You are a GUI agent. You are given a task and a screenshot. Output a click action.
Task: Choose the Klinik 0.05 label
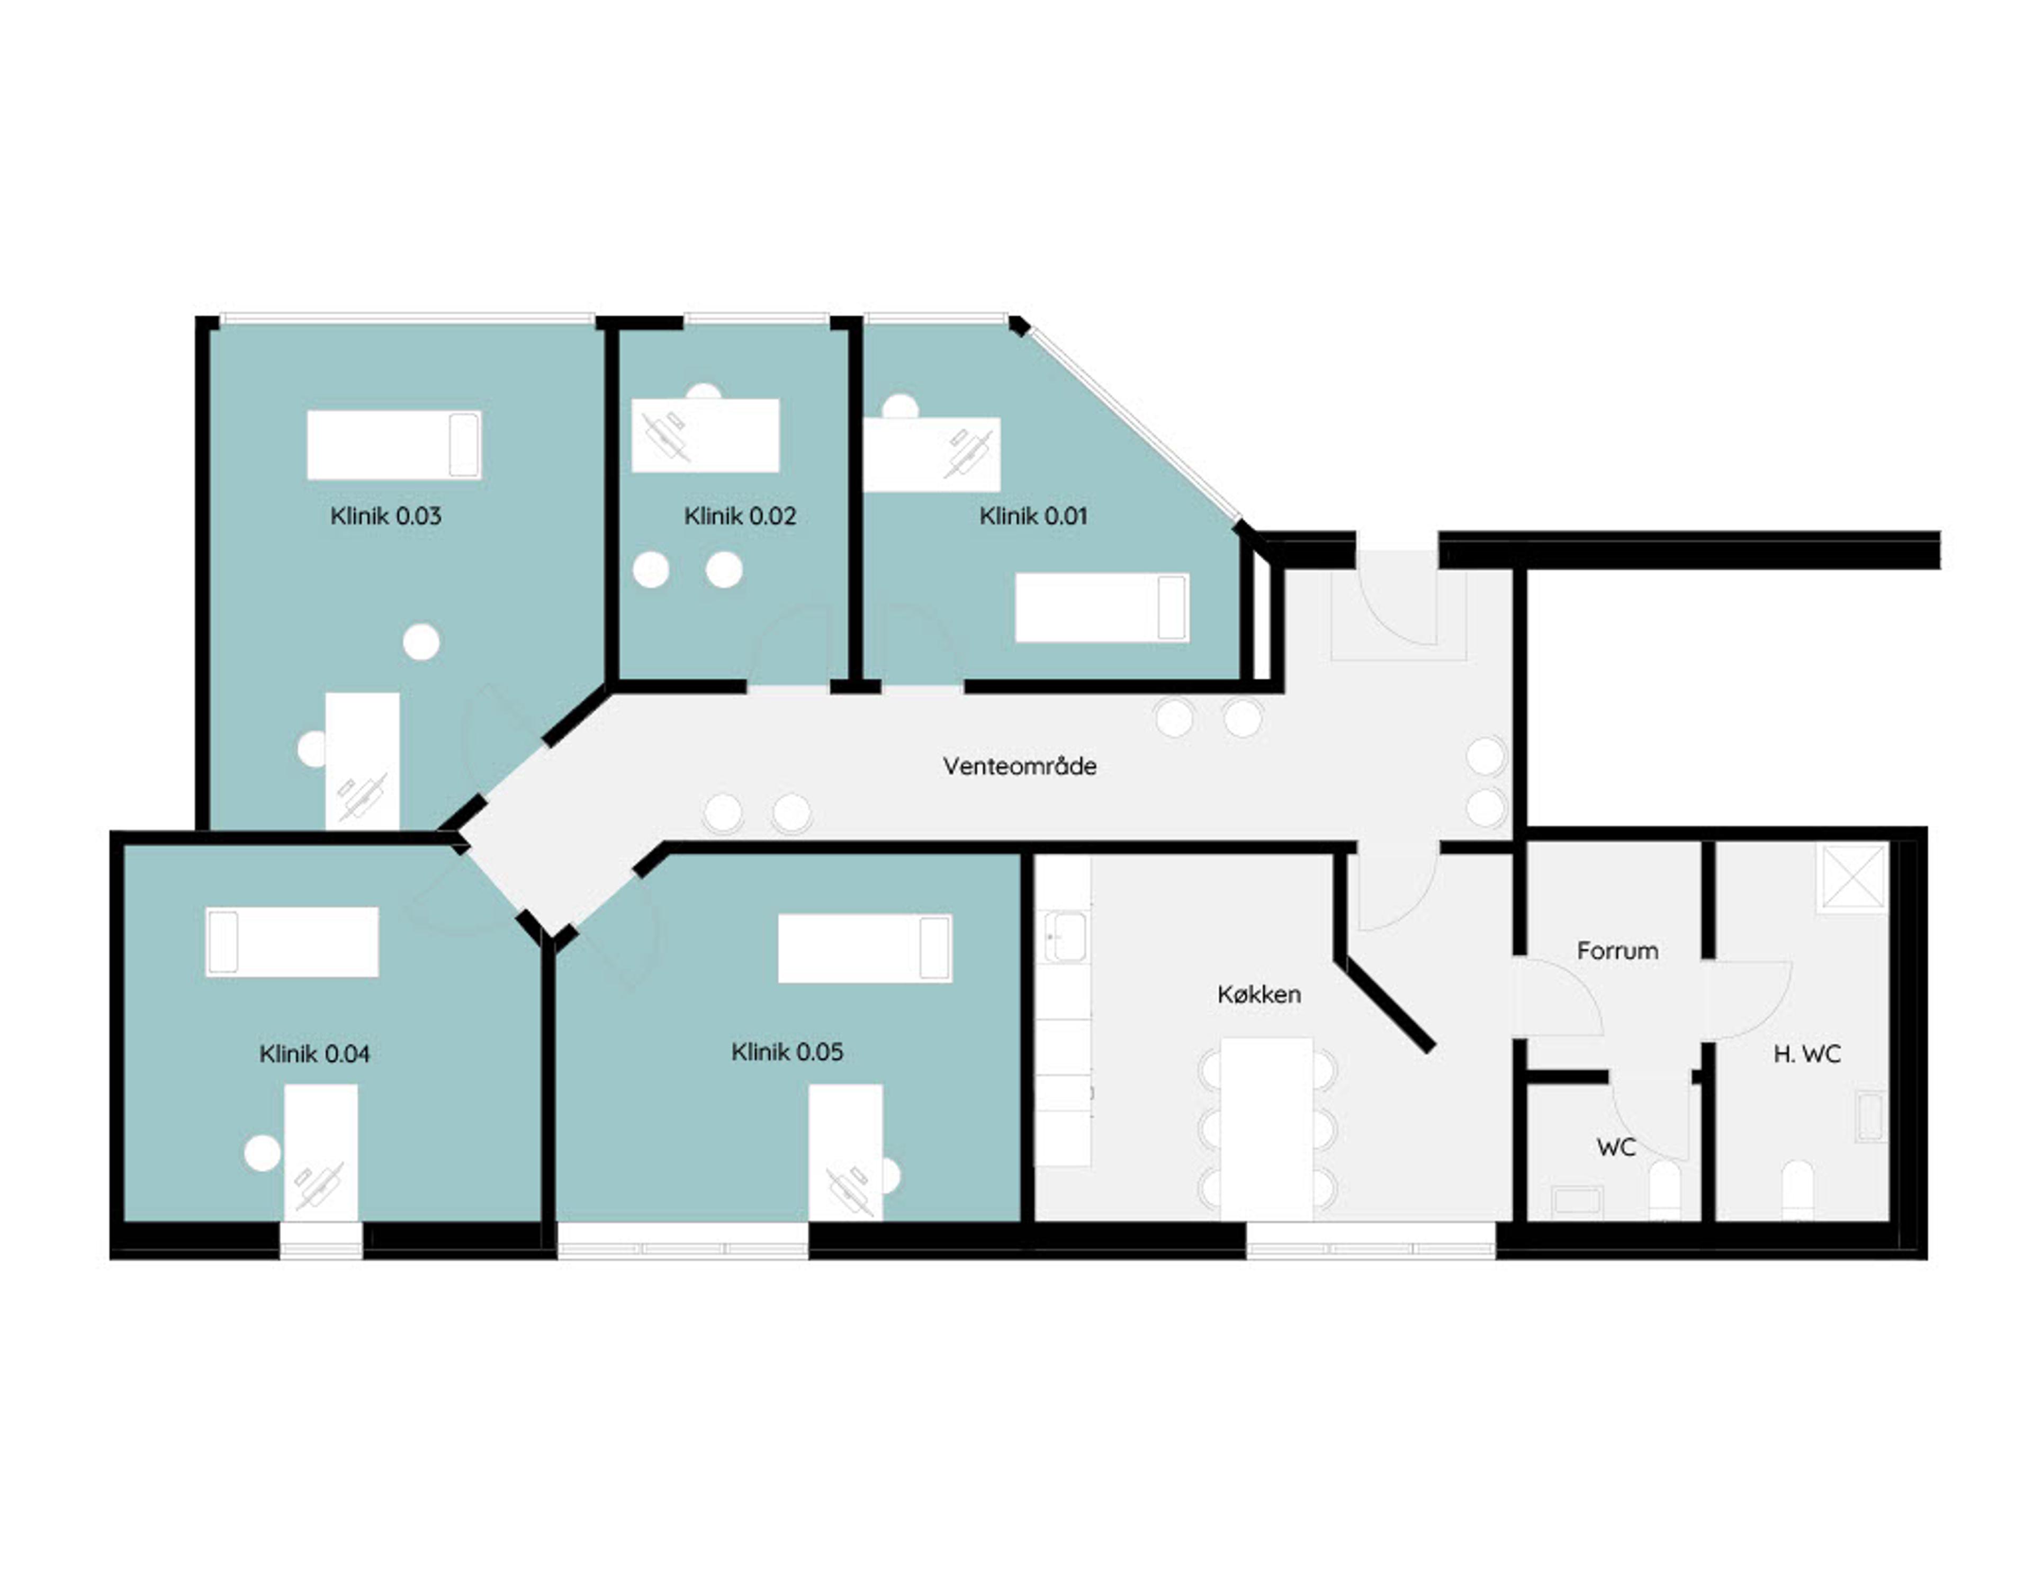[787, 1052]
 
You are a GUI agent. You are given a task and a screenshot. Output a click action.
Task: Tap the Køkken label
[1258, 994]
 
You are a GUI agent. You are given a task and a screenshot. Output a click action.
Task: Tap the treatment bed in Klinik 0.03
[394, 445]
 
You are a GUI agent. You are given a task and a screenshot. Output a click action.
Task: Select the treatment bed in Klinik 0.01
[1102, 607]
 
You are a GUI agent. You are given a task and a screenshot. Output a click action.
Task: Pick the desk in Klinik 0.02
[706, 436]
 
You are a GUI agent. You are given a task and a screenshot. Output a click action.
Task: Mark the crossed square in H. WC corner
[1854, 876]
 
